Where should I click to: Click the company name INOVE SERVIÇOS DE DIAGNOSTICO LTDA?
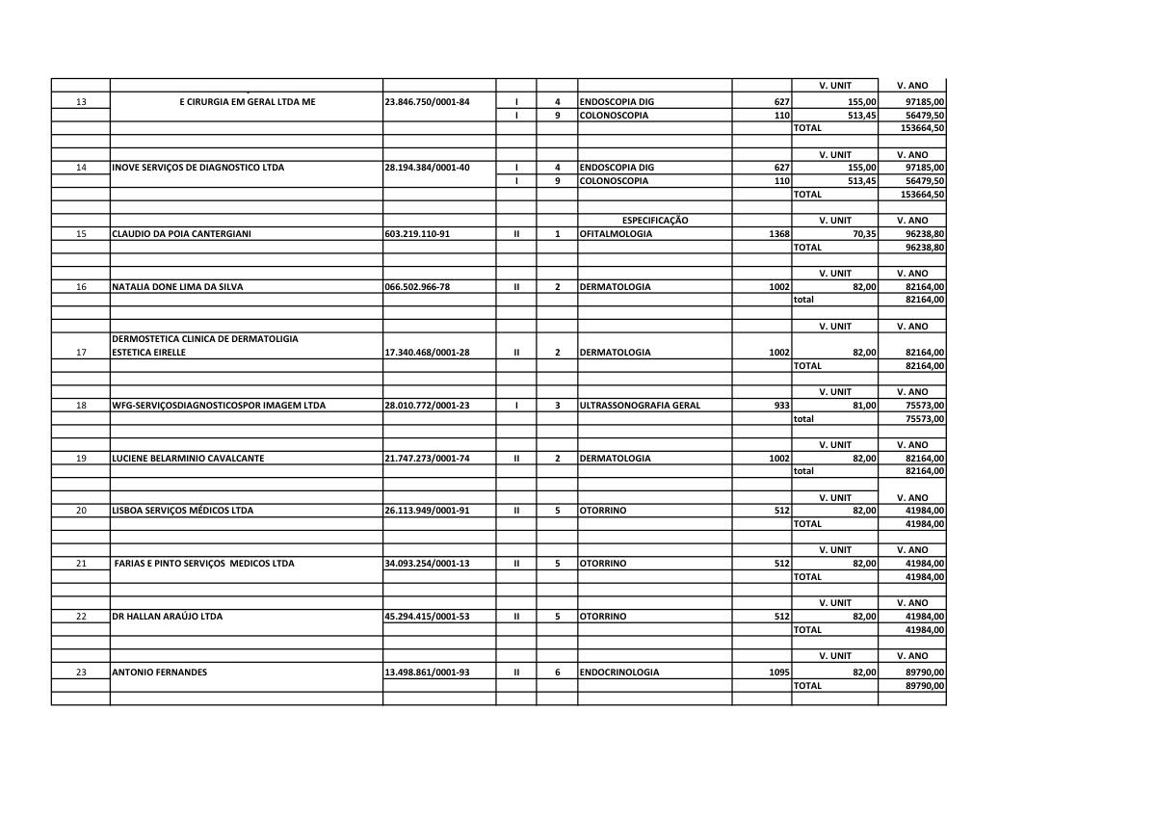point(198,168)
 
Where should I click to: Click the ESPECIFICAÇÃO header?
point(655,221)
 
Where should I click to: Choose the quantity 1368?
point(779,234)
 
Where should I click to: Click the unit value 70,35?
point(863,234)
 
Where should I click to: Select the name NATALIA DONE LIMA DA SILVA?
point(178,287)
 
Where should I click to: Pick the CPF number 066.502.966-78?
point(417,287)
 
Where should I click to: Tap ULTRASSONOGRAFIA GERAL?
point(640,406)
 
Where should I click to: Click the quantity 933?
point(781,406)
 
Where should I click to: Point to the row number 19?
point(81,459)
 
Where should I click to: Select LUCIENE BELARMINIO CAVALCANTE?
point(188,459)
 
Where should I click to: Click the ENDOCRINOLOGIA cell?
point(619,673)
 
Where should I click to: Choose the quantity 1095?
point(779,673)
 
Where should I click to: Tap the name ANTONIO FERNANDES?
point(160,673)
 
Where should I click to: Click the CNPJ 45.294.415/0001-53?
point(427,617)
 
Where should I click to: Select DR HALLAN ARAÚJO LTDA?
point(168,617)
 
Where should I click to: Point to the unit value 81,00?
point(863,406)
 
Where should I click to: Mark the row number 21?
point(81,564)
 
